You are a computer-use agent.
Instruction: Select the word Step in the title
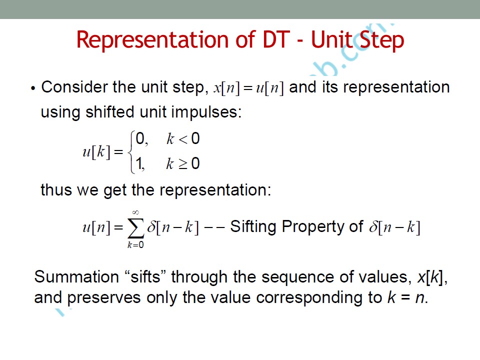click(381, 40)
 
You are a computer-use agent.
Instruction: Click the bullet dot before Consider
click(33, 89)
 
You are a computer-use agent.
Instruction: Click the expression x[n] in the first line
click(226, 88)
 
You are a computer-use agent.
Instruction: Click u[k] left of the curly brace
click(96, 151)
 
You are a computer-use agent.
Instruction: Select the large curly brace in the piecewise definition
click(132, 152)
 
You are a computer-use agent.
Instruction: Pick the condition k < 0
click(183, 138)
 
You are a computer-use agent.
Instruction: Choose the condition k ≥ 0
click(183, 163)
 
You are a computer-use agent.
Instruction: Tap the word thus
click(56, 190)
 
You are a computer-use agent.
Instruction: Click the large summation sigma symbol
click(136, 228)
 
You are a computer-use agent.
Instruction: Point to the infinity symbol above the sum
click(135, 212)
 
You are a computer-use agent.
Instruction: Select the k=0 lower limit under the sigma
click(135, 244)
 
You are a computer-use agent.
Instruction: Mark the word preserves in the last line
click(104, 298)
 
